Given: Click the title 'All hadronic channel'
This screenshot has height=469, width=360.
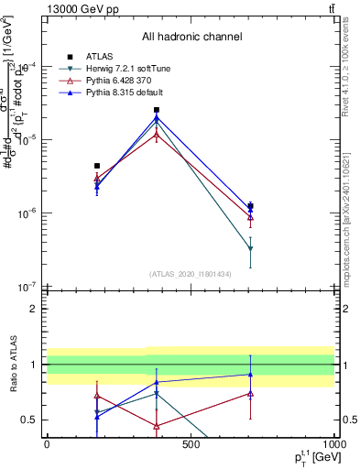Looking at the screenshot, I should [191, 37].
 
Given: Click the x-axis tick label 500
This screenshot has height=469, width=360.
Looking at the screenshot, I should [191, 444].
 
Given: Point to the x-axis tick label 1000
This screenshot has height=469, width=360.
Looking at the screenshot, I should [332, 444].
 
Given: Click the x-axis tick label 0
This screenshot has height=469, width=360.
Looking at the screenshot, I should [48, 444].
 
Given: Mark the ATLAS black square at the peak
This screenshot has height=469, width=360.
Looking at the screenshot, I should [157, 110].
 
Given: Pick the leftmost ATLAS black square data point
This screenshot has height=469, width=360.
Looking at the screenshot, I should [97, 166].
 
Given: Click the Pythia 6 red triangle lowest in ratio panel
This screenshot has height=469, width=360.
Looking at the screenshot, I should [157, 426].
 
